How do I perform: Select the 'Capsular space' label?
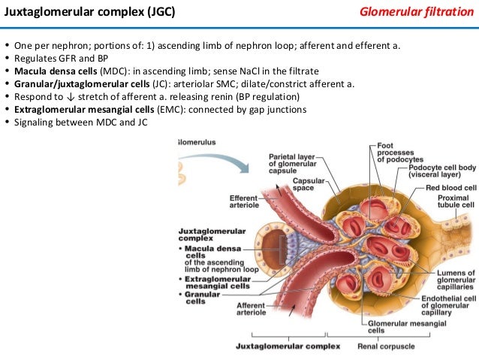(x=308, y=185)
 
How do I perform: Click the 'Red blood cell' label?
(x=451, y=187)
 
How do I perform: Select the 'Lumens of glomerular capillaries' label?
(x=454, y=280)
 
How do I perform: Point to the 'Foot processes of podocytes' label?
(x=396, y=152)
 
